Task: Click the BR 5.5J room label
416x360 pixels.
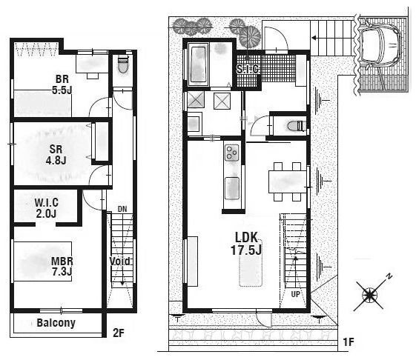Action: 62,84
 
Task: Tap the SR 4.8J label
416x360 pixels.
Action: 56,155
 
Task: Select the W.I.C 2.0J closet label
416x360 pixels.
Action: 47,208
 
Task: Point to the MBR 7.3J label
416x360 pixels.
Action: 62,266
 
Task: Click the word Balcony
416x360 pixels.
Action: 56,323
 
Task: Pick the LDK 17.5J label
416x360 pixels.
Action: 246,244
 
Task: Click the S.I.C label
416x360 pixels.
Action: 248,69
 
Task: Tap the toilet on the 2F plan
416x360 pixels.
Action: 123,64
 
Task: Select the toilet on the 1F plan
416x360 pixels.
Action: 294,125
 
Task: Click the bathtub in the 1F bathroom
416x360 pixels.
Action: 199,64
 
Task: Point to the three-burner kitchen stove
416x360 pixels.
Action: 231,153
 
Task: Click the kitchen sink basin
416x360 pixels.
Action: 232,188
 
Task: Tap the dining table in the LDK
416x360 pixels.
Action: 288,182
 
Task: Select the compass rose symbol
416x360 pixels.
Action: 370,294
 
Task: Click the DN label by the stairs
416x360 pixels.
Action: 122,209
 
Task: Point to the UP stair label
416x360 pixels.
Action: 296,294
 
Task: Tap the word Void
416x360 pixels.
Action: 120,261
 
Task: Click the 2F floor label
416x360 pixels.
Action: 119,333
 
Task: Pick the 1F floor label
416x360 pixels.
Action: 349,342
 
